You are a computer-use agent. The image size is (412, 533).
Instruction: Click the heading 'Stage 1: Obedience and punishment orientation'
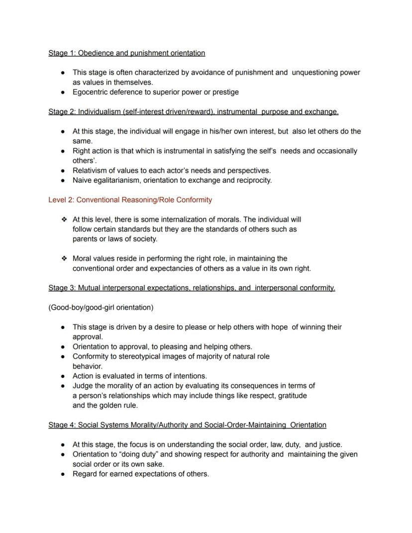click(126, 53)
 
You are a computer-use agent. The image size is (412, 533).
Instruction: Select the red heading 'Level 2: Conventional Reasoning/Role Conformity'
click(130, 200)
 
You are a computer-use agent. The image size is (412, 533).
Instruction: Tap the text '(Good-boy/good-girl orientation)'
click(101, 308)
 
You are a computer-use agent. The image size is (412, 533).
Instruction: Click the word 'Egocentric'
click(91, 92)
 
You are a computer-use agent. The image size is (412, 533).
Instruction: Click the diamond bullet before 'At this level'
click(64, 219)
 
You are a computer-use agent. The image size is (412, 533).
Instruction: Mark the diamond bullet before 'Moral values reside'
click(64, 259)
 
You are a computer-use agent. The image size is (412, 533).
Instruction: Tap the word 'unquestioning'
click(314, 72)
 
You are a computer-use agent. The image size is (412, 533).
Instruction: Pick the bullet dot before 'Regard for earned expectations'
click(63, 474)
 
